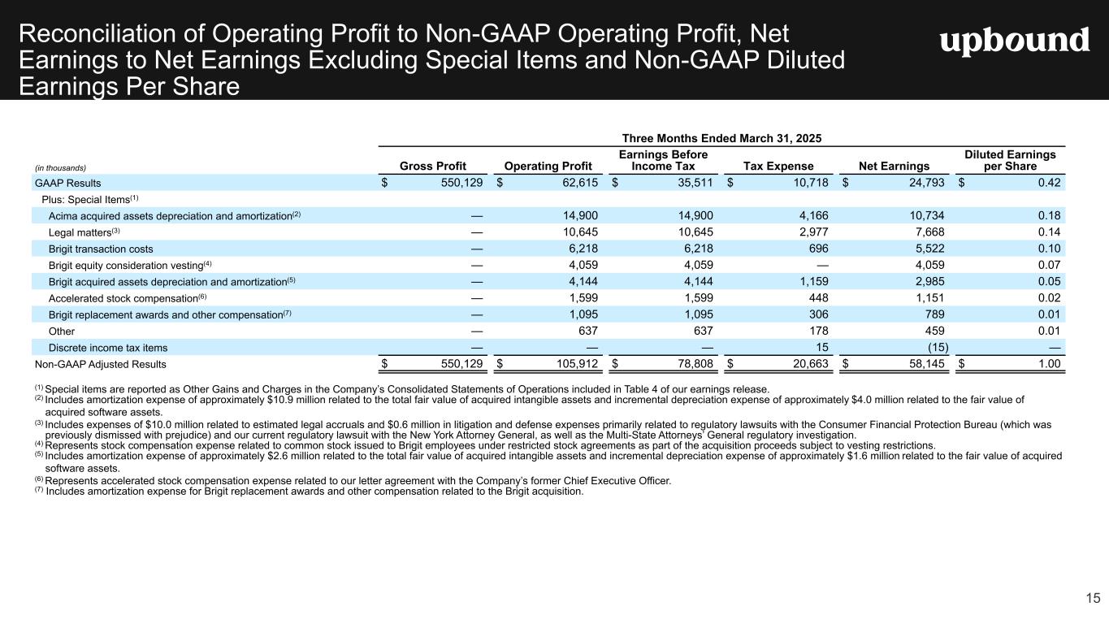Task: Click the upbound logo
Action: (1015, 41)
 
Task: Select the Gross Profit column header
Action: (433, 166)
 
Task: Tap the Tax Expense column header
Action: (778, 166)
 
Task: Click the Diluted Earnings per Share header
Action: (1010, 160)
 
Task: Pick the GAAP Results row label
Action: (67, 184)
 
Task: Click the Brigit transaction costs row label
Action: (101, 249)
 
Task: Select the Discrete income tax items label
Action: (108, 348)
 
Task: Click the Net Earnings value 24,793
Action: (927, 183)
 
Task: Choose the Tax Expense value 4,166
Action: (814, 215)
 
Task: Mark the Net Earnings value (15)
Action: (938, 348)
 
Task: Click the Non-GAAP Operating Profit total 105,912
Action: (578, 364)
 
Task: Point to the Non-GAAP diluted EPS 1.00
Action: (1050, 364)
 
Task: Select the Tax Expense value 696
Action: (819, 249)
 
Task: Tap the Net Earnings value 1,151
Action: (929, 298)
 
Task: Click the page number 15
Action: (1094, 598)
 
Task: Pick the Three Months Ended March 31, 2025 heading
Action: (721, 139)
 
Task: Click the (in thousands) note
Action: (60, 168)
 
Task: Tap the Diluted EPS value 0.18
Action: (1050, 215)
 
